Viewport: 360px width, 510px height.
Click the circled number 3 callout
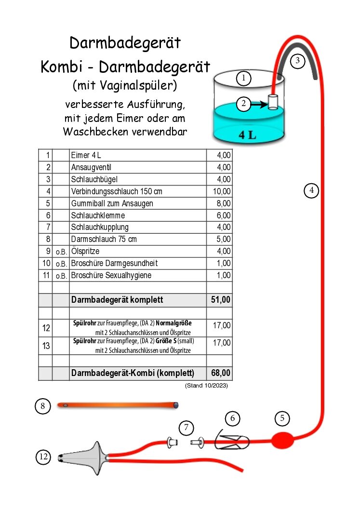[x=298, y=61]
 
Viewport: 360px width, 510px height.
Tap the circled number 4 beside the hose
[x=312, y=190]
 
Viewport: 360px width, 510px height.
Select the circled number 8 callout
[x=43, y=406]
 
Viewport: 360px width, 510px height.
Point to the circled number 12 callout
[x=43, y=456]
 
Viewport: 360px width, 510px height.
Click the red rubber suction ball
[x=282, y=440]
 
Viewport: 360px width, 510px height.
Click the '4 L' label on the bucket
[x=247, y=135]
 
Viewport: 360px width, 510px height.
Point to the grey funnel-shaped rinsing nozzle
[x=87, y=456]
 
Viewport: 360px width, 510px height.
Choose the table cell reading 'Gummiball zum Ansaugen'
[x=112, y=203]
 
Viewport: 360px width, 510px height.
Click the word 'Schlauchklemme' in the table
[x=98, y=215]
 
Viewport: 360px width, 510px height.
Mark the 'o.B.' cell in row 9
[x=61, y=252]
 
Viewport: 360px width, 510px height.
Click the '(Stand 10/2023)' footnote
[x=206, y=386]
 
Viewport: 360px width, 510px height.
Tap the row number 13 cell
[x=46, y=346]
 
